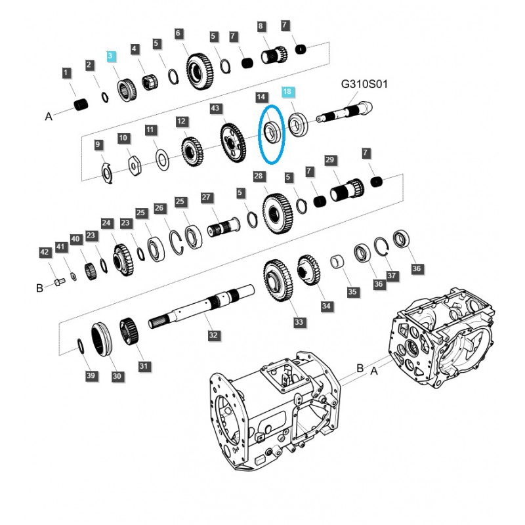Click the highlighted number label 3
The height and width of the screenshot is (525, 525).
(x=112, y=57)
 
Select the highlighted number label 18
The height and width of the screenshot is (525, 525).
(x=287, y=93)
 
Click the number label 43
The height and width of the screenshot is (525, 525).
(x=215, y=108)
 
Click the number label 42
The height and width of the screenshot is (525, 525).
(x=44, y=252)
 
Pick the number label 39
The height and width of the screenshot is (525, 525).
(x=91, y=375)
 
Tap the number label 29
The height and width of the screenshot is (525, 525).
(x=330, y=161)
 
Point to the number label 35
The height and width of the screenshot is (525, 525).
(x=352, y=292)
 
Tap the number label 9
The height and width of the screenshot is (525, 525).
(x=98, y=144)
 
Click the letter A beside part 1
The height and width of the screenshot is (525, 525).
(x=48, y=116)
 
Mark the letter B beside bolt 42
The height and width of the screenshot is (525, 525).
(x=39, y=287)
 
